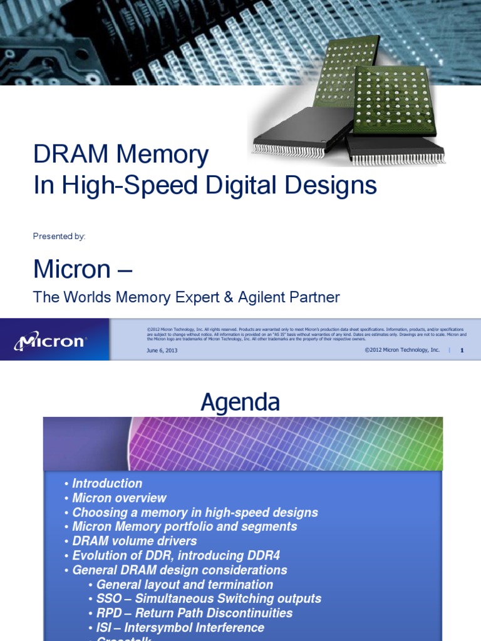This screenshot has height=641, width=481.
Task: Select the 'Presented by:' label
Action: [59, 236]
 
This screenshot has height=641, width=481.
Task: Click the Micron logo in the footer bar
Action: [50, 341]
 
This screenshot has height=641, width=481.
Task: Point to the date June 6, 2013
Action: [162, 351]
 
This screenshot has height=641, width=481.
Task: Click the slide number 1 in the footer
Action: [462, 351]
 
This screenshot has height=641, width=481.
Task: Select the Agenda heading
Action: [240, 403]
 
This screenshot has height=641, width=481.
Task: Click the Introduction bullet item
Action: [107, 484]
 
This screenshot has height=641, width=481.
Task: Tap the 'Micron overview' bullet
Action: [119, 498]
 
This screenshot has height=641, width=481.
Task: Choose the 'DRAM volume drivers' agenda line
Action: [135, 541]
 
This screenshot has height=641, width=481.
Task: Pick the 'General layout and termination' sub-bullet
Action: [185, 585]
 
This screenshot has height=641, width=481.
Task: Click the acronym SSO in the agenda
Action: [109, 599]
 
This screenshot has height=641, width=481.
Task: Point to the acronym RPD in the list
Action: [110, 613]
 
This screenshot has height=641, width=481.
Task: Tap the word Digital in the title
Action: [242, 185]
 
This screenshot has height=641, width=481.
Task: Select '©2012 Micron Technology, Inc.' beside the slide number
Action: [402, 351]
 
